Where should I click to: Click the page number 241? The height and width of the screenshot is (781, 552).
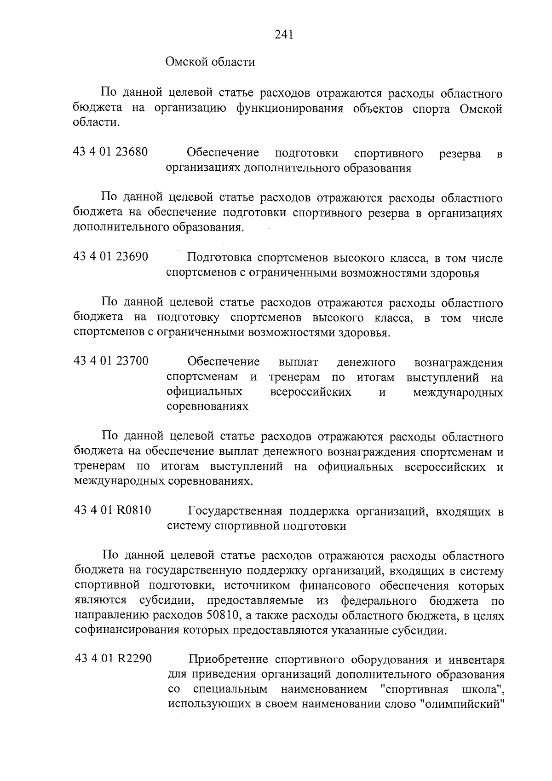point(284,34)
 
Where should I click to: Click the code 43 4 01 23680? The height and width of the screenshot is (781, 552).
point(110,151)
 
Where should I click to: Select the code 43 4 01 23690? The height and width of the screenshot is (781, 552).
point(110,256)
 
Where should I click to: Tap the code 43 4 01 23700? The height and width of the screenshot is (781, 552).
point(111,361)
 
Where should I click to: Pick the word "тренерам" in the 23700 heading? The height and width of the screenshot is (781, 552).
point(294,377)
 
